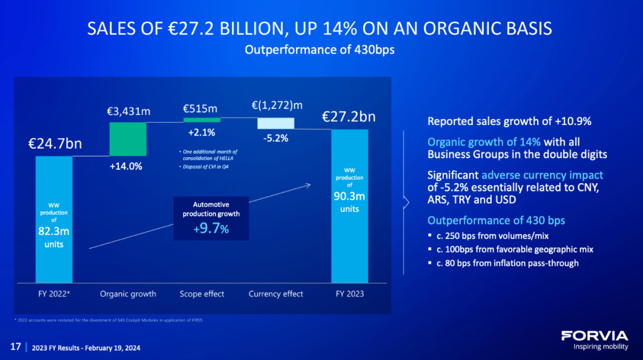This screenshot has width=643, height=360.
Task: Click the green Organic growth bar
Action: pyautogui.click(x=128, y=139)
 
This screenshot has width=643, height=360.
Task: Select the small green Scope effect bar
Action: pyautogui.click(x=201, y=120)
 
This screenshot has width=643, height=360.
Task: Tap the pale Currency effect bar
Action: pyautogui.click(x=276, y=123)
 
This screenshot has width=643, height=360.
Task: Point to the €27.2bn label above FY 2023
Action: pyautogui.click(x=349, y=116)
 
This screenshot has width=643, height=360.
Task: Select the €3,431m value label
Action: pyautogui.click(x=127, y=111)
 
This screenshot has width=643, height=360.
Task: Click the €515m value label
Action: pyautogui.click(x=200, y=108)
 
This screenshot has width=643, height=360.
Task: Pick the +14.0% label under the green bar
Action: pyautogui.click(x=126, y=167)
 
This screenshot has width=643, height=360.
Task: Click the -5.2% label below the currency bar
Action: pyautogui.click(x=276, y=138)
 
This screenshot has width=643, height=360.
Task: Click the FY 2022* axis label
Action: pyautogui.click(x=54, y=294)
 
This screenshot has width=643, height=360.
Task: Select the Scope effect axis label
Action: pyautogui.click(x=201, y=294)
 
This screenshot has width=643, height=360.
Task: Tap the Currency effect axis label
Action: pyautogui.click(x=276, y=294)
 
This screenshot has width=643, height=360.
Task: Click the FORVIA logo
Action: pyautogui.click(x=594, y=336)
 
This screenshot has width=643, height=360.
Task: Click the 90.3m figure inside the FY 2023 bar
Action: pyautogui.click(x=349, y=197)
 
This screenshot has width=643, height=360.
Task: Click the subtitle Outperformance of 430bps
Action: pyautogui.click(x=320, y=50)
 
